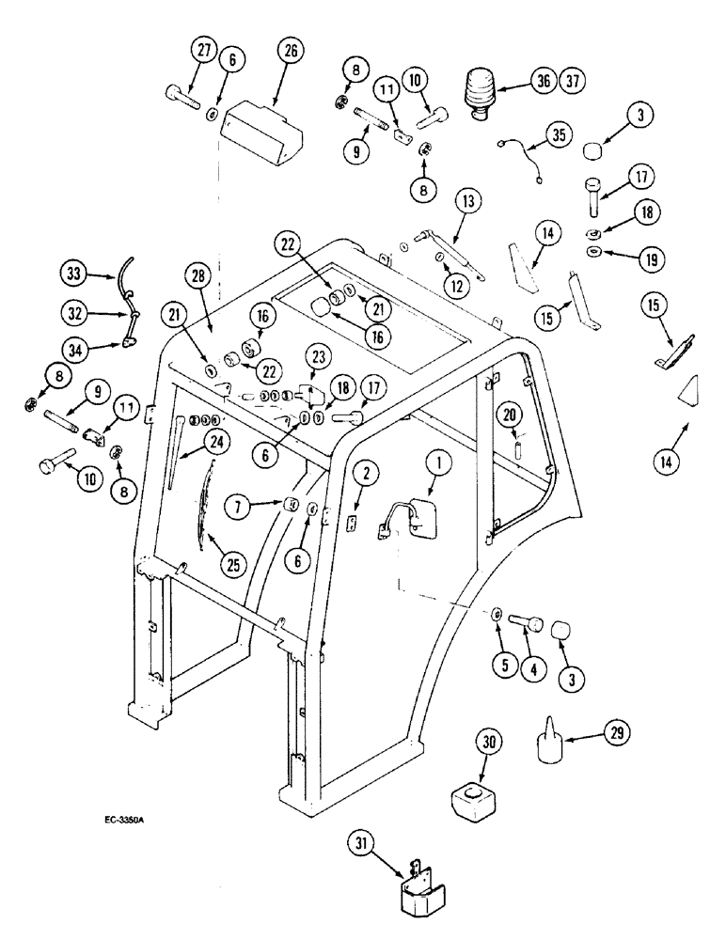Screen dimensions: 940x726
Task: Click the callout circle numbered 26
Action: tap(290, 53)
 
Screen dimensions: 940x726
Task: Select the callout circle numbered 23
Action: tap(316, 356)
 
